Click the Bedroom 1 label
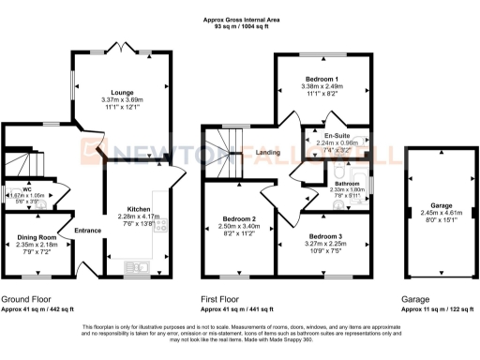pos(322,79)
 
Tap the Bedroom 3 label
pos(326,238)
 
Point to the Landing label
pos(270,154)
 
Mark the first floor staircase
pos(224,150)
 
